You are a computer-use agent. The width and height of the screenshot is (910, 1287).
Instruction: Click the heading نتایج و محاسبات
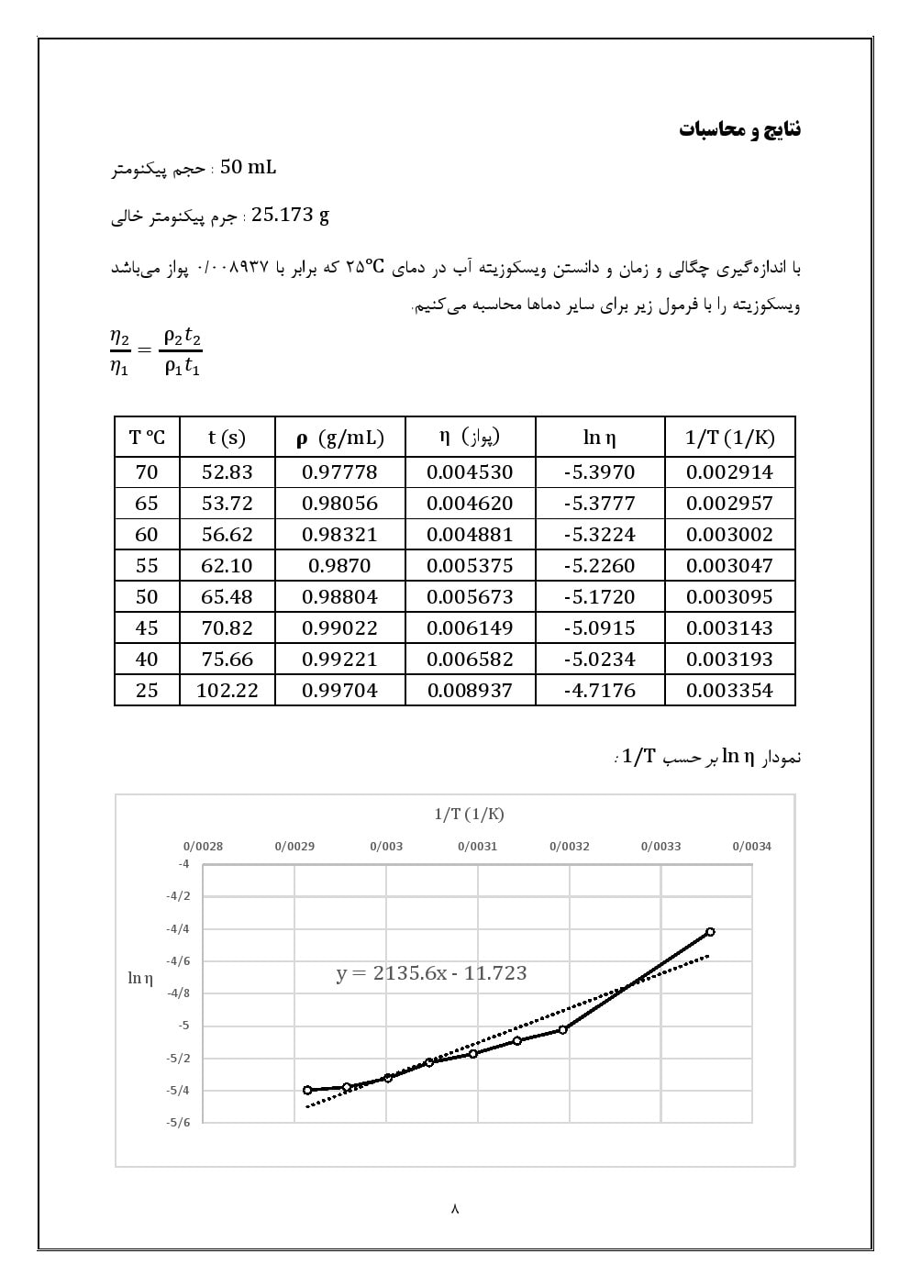tap(739, 128)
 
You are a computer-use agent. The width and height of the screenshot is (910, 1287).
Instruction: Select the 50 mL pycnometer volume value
tap(248, 167)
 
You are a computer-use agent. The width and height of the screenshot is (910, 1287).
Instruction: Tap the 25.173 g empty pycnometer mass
tap(290, 216)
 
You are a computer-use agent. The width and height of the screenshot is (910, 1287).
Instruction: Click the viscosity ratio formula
tap(155, 351)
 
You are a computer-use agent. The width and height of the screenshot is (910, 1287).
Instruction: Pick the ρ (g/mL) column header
tap(339, 438)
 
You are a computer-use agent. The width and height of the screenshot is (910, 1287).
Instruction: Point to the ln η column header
tap(599, 438)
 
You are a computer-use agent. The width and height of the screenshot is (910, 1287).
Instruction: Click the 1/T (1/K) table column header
tap(729, 438)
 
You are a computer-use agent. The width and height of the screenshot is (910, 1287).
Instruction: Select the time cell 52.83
tap(227, 472)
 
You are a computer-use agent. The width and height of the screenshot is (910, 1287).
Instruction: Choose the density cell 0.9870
tap(339, 566)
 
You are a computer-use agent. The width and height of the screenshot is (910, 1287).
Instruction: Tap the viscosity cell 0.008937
tap(470, 691)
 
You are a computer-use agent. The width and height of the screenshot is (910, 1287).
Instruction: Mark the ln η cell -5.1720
tap(599, 597)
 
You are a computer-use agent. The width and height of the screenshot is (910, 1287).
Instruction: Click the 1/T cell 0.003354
tap(729, 691)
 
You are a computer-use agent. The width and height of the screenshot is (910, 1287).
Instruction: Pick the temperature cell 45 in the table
tap(147, 628)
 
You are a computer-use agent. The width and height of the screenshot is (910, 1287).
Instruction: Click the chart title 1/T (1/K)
tap(469, 814)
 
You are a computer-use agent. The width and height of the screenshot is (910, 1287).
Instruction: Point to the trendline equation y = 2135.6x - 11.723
tap(431, 973)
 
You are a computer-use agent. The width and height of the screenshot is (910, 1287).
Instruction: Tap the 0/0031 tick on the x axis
tap(477, 847)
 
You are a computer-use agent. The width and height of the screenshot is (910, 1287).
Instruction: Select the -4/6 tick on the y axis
tap(178, 961)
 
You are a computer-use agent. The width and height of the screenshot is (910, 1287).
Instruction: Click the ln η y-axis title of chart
tap(140, 978)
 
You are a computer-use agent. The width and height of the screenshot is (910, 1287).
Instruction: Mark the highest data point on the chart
tap(710, 932)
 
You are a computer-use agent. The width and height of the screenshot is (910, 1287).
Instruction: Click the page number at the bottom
tap(455, 1209)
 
